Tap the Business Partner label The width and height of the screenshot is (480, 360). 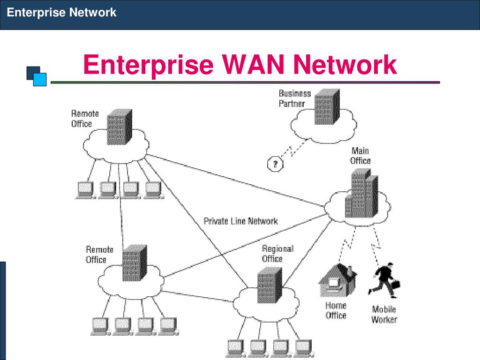[294, 98]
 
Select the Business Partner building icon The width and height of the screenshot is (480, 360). [327, 106]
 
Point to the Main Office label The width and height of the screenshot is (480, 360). [360, 156]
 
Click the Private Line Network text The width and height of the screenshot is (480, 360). [240, 221]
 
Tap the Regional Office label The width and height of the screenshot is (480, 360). [277, 254]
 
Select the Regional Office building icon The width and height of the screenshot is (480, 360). [270, 285]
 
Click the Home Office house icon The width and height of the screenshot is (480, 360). [337, 280]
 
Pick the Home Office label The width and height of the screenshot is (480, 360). [336, 310]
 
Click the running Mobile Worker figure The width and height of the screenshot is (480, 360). [384, 280]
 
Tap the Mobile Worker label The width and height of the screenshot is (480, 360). [384, 315]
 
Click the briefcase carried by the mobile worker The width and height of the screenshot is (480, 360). [396, 285]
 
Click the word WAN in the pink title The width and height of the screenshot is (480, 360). [253, 64]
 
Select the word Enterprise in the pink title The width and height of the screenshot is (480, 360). [148, 65]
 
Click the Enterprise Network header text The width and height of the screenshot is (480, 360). [61, 13]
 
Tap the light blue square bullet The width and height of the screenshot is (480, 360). [39, 79]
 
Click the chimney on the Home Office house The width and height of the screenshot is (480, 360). [349, 270]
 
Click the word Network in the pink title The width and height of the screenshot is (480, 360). [345, 64]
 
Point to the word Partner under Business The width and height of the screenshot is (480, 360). [292, 104]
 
